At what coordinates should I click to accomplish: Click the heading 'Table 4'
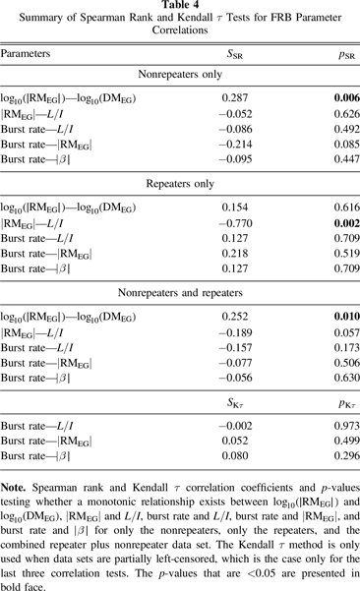pos(180,7)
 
